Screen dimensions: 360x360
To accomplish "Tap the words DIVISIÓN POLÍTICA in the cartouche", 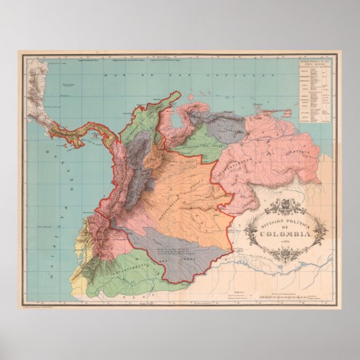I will point(280,219).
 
